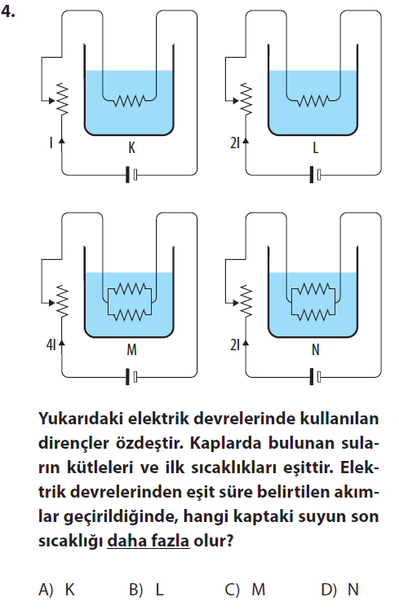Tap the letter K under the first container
131,148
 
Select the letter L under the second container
315,148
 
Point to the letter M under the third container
131,349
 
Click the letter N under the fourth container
315,349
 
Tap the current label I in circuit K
51,143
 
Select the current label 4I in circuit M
51,344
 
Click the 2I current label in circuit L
235,143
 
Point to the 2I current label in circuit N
235,344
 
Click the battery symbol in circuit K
131,174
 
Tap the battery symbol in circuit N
315,376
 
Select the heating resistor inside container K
129,101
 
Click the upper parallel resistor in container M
129,289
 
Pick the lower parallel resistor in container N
313,314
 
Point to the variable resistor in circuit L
246,99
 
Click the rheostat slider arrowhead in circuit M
51,303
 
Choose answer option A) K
56,590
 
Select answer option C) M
245,590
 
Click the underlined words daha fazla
149,541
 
